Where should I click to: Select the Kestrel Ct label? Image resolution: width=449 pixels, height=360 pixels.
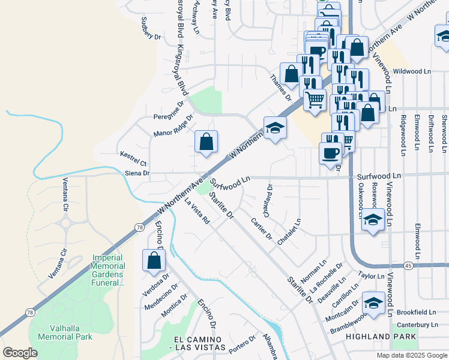133,158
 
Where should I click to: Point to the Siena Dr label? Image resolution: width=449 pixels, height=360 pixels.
137,173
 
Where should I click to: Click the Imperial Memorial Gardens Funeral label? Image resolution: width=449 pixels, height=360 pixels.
108,270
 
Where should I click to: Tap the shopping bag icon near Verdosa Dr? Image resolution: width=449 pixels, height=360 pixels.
154,260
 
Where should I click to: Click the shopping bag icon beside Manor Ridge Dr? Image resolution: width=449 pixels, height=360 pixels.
206,142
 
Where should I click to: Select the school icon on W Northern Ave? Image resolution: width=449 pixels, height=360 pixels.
275,128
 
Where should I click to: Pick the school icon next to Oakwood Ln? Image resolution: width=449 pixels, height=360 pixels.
373,220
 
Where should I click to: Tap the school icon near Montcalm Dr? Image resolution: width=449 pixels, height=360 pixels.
373,301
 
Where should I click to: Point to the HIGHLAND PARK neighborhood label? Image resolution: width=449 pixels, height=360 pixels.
381,337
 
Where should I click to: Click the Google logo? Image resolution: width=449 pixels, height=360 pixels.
20,352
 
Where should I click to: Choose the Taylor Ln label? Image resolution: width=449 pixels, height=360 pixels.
370,274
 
